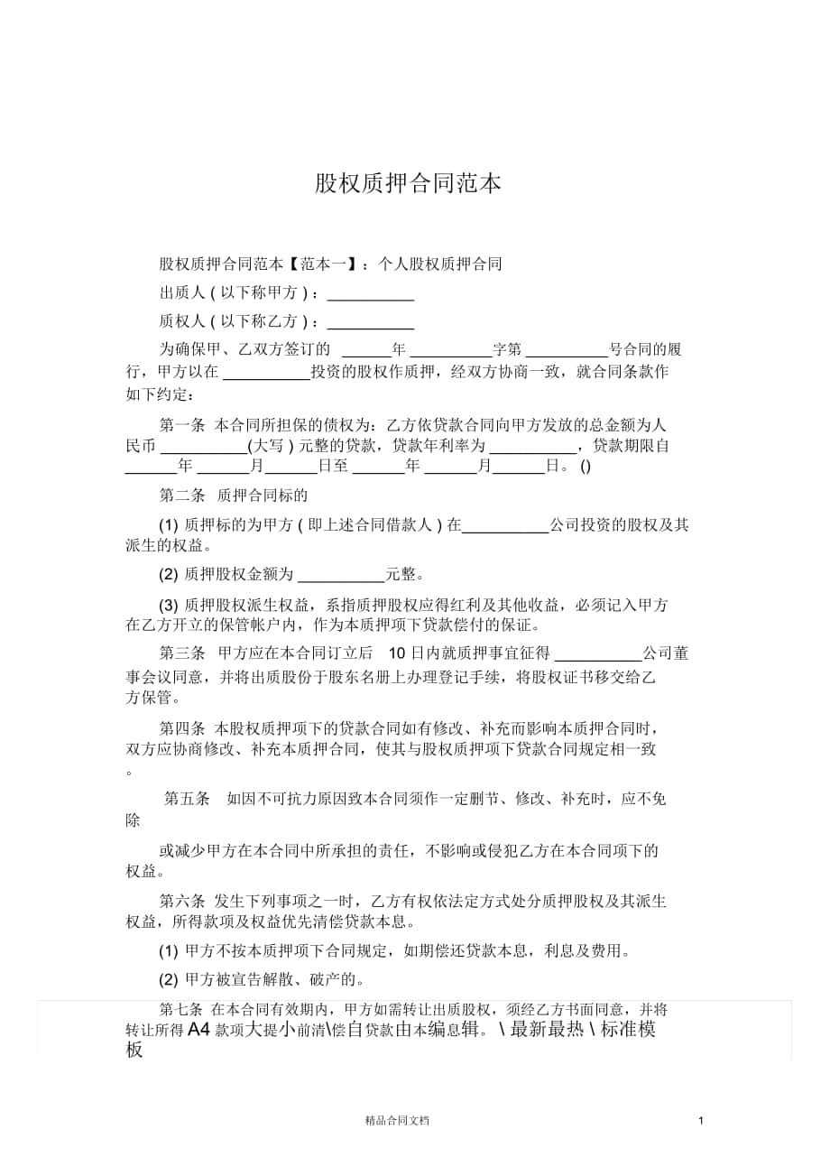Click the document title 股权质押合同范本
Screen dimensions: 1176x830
[408, 184]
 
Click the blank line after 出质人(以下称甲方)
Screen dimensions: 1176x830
[370, 295]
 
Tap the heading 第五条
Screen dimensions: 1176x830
[186, 799]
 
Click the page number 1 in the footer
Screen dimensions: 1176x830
[700, 1120]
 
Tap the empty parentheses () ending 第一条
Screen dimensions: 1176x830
[586, 468]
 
